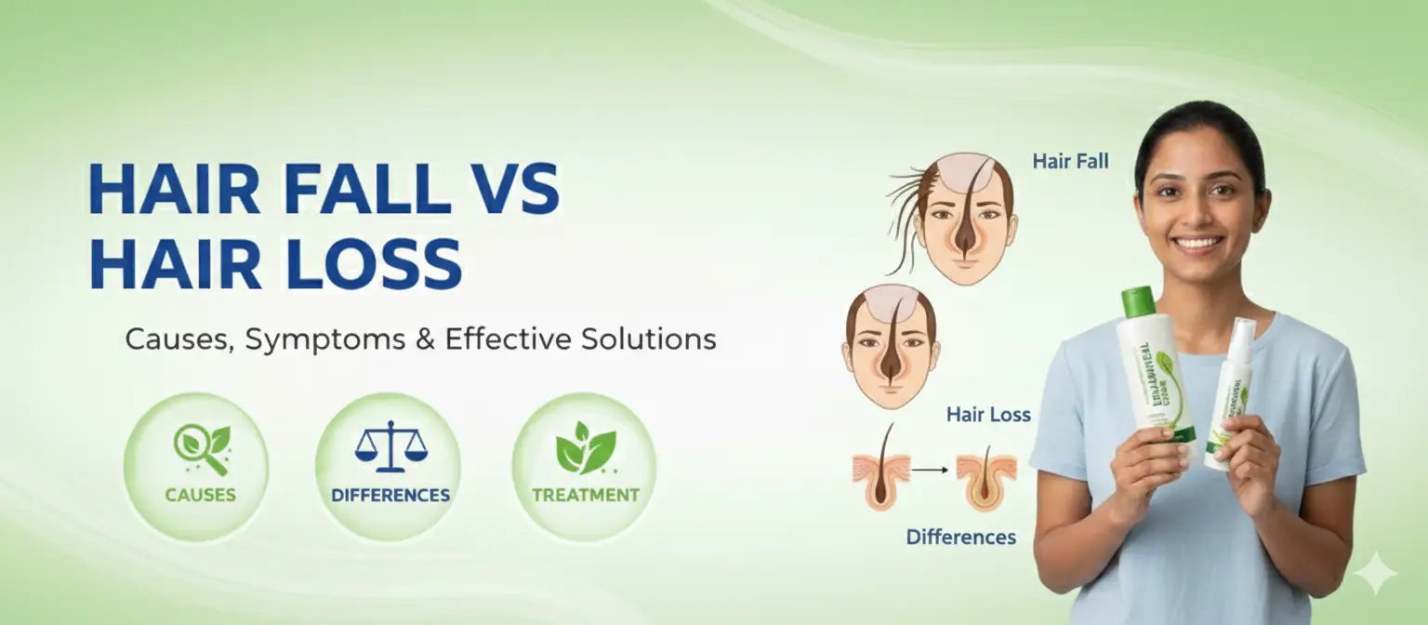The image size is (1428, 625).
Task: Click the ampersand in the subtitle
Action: (425, 339)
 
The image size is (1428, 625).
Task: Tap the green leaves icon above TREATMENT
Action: (585, 447)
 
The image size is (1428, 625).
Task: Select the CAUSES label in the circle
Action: (200, 495)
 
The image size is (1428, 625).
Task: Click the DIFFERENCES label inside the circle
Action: (390, 495)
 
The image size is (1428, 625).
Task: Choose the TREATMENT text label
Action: (586, 495)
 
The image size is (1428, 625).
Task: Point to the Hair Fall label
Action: (1070, 162)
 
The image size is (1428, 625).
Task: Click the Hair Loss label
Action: (988, 415)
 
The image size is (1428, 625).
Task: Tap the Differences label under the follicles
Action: (960, 537)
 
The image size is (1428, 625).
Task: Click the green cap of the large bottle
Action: (1138, 302)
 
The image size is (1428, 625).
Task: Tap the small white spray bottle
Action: (1231, 391)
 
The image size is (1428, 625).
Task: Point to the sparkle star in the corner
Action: (1374, 573)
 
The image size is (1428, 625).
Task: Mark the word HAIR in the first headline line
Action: (174, 189)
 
